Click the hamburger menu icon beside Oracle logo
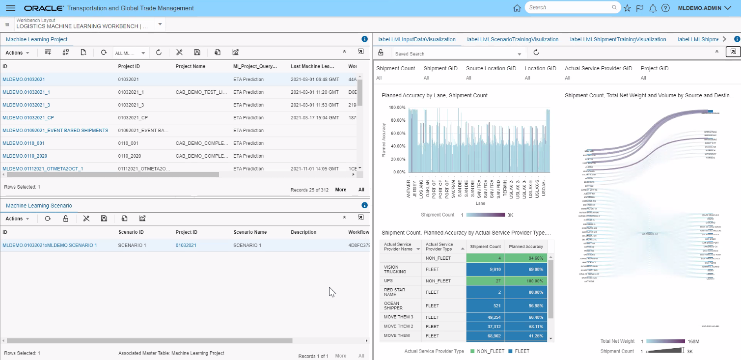10,8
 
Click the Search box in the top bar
569,8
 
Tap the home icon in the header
517,8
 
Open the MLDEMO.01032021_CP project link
28,118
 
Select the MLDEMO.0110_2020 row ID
24,156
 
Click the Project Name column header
191,66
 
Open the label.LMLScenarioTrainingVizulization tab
513,39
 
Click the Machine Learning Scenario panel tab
39,205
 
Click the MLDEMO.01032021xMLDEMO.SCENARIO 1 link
50,246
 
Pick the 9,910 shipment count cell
486,269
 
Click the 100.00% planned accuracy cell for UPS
525,281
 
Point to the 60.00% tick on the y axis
397,134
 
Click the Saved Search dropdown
458,54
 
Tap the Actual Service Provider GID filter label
598,69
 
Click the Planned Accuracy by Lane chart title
434,95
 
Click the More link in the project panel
340,190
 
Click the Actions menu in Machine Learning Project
17,53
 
